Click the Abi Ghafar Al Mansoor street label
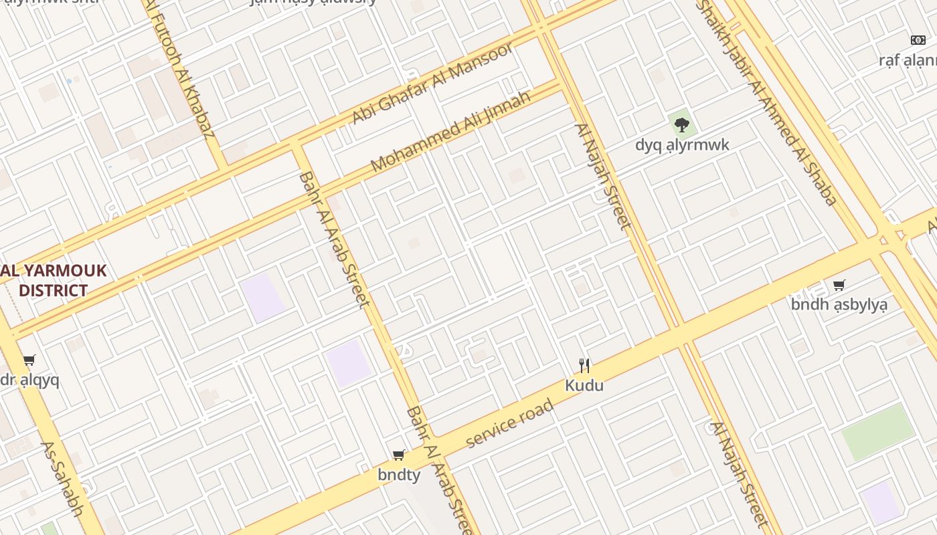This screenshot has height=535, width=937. (x=432, y=82)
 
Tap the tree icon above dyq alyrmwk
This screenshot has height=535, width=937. (x=681, y=124)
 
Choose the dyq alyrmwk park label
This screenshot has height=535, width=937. (x=682, y=144)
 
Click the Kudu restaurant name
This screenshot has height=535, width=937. (x=584, y=385)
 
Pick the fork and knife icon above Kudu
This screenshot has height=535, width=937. (x=584, y=365)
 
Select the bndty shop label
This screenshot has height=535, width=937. (x=399, y=475)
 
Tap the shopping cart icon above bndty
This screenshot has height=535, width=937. (x=399, y=455)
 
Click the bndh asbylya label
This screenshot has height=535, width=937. (x=839, y=305)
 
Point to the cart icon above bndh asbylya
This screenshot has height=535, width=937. (x=839, y=286)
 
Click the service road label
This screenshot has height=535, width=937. (x=510, y=423)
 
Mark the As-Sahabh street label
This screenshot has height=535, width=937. (x=62, y=478)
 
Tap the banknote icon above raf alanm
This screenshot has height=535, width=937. (x=918, y=40)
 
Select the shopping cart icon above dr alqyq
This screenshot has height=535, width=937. (x=29, y=360)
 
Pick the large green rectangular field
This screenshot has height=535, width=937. (x=877, y=432)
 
